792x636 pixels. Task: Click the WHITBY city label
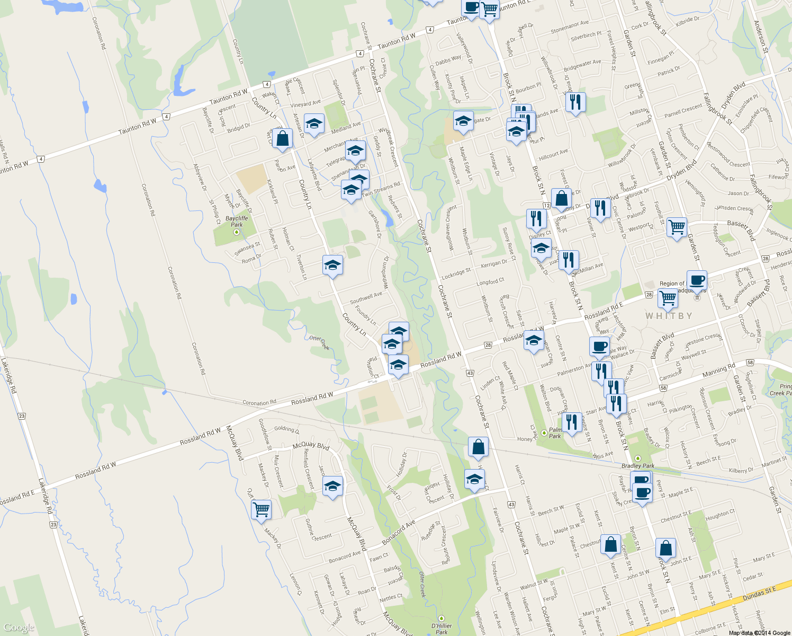(x=669, y=316)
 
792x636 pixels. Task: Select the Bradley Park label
(x=638, y=466)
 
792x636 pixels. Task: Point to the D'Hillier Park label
(x=442, y=629)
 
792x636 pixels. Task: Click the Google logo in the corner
(x=19, y=628)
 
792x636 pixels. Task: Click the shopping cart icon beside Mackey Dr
(x=261, y=510)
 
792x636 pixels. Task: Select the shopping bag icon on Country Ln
(x=282, y=139)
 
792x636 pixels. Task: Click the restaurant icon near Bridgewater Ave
(x=575, y=101)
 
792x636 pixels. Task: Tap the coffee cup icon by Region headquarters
(x=697, y=280)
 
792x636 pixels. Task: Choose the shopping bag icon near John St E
(x=665, y=548)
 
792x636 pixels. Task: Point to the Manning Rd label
(x=718, y=370)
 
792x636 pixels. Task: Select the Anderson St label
(x=761, y=37)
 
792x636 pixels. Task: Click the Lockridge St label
(x=456, y=273)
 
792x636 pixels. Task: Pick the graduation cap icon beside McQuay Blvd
(x=332, y=486)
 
